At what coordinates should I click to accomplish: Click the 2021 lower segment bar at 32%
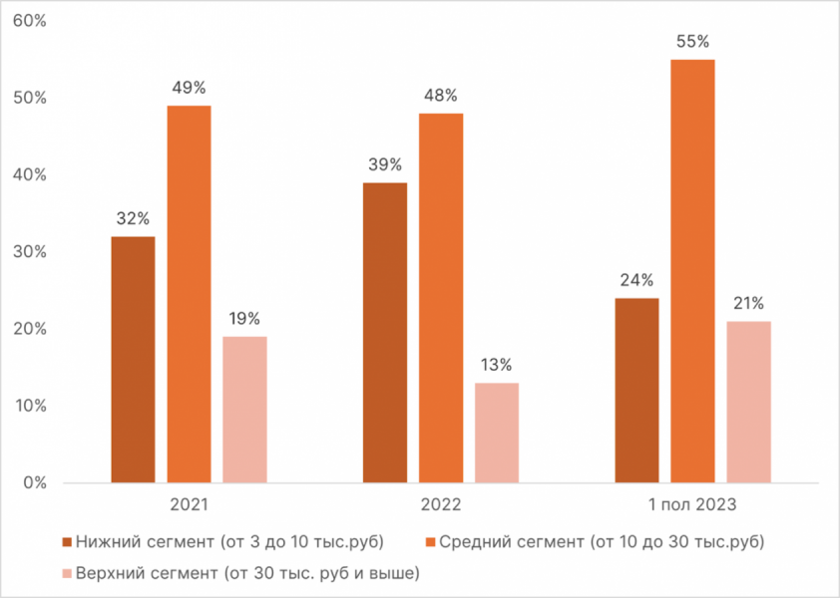133,360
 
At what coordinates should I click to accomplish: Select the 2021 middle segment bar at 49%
189,294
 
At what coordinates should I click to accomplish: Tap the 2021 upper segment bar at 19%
244,410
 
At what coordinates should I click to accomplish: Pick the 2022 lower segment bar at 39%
385,333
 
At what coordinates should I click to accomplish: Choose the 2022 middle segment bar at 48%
441,298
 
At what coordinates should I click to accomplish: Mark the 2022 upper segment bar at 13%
497,433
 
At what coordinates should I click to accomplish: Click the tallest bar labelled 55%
692,271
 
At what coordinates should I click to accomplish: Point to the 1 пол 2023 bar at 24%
636,391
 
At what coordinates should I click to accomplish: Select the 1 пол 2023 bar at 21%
748,402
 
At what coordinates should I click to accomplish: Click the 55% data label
692,42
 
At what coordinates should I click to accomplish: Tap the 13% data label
497,365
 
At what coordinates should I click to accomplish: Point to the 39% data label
385,164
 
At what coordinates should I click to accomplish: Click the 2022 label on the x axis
441,505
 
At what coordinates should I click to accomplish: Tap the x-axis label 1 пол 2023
692,505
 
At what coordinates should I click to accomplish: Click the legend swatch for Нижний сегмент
67,542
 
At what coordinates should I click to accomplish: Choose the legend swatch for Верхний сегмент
67,573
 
